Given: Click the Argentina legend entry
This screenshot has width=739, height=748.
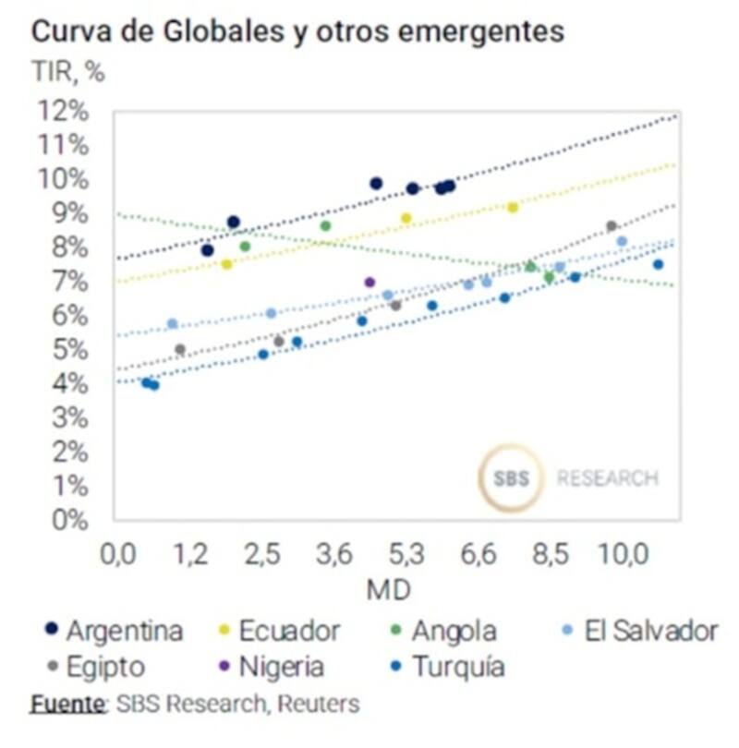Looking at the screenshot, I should (x=115, y=632).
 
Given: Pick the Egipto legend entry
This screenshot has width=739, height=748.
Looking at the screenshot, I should (x=96, y=666).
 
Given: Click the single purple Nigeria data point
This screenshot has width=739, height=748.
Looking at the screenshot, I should (x=370, y=283).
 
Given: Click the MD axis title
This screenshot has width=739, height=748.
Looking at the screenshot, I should (x=388, y=588).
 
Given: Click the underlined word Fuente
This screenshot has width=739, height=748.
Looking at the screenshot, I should (x=67, y=704).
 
